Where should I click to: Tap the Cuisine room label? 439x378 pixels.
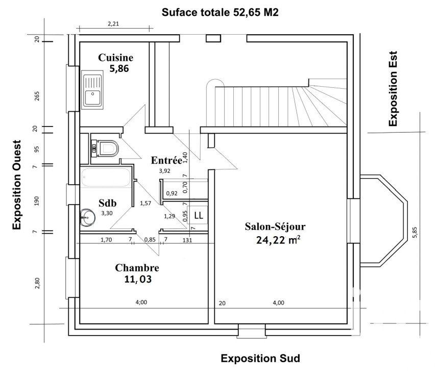click(x=116, y=58)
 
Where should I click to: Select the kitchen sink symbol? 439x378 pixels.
click(x=93, y=91)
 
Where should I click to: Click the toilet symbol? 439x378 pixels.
click(x=106, y=148)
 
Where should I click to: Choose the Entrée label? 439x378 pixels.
click(x=166, y=160)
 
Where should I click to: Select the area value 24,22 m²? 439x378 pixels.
click(x=278, y=240)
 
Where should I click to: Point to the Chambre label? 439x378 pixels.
click(x=137, y=267)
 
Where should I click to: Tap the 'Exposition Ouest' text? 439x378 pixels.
click(x=17, y=184)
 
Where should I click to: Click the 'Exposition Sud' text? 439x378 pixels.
click(x=260, y=358)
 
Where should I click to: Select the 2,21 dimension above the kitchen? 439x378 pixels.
click(x=113, y=23)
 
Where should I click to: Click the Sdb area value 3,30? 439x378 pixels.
click(x=107, y=213)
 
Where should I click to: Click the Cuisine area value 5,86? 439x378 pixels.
click(x=119, y=69)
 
